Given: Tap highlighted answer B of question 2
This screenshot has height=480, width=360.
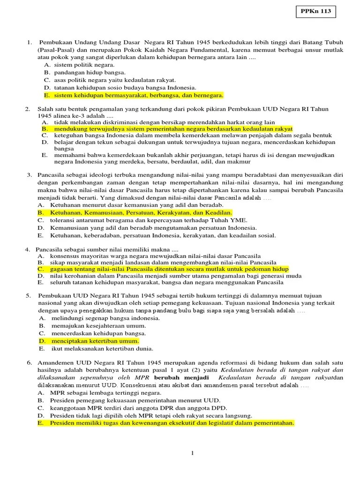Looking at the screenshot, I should (x=173, y=128).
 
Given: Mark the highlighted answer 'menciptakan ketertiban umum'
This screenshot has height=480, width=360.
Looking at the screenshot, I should (x=95, y=341).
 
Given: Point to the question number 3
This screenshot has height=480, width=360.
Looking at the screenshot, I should (x=28, y=175).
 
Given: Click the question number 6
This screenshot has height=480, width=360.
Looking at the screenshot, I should (x=28, y=363).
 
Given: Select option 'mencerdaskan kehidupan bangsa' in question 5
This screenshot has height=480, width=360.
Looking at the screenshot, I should (x=98, y=333).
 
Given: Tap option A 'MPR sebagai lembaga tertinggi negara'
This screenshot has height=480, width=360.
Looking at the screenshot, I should (x=102, y=393).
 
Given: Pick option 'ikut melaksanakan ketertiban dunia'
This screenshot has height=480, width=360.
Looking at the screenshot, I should (x=102, y=349).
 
